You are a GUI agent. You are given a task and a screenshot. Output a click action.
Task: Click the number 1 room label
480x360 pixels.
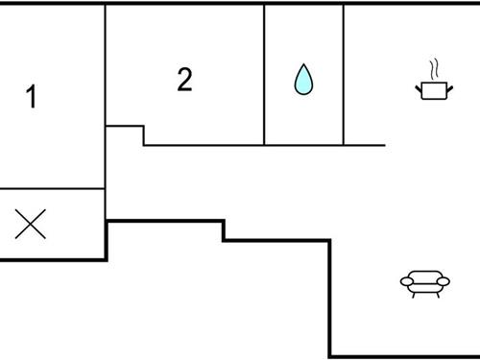point(32,97)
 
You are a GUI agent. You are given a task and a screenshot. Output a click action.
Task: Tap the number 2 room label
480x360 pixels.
point(184,80)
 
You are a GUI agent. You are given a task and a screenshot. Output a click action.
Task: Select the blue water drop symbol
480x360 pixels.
point(303,80)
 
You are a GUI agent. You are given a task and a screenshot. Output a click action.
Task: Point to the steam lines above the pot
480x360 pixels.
point(434,69)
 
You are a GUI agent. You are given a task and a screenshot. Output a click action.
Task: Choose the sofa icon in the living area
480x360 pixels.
point(424,282)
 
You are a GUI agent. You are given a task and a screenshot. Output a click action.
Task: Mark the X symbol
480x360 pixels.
point(31,225)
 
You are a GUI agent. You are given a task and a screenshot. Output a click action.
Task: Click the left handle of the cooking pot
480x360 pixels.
point(418,86)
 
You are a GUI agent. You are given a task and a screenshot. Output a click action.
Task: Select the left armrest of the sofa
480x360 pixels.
point(405,281)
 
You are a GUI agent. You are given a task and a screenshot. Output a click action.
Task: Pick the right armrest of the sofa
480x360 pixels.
point(444,281)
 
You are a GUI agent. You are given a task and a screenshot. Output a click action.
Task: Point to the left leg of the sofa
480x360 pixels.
point(413,293)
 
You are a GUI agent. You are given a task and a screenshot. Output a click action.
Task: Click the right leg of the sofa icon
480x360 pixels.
point(437,293)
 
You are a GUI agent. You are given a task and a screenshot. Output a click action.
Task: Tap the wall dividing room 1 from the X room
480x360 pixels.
point(53,189)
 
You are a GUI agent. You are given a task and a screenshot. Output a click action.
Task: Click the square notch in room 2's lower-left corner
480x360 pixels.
point(125,135)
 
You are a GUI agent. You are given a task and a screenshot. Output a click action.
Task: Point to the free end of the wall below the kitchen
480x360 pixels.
point(384,145)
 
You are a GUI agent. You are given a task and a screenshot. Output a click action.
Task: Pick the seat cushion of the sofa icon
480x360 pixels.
point(424,285)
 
